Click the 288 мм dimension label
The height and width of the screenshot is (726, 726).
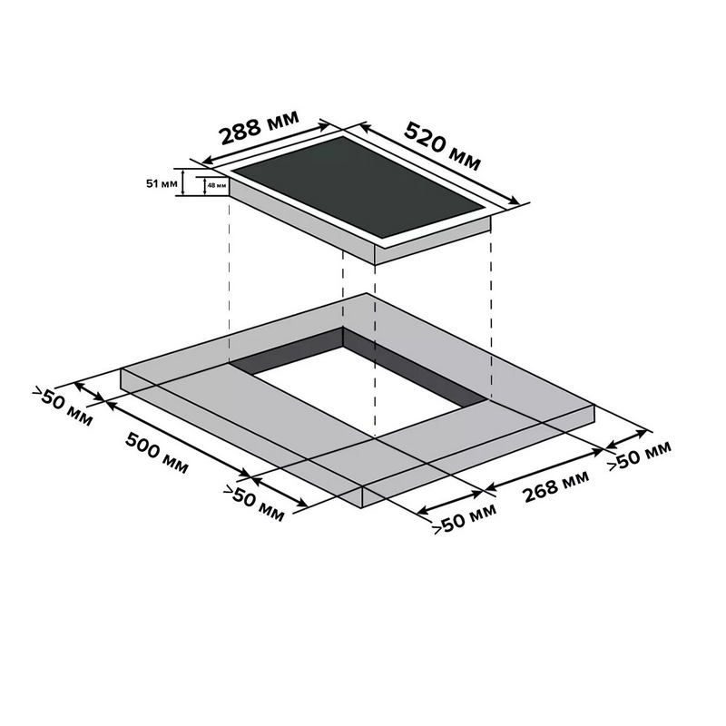point(260,127)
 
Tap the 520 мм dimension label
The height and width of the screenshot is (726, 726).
point(443,145)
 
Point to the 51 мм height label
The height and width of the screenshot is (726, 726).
point(162,184)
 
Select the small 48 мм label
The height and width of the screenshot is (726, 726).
point(217,186)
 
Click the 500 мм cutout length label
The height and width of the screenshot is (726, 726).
point(157,453)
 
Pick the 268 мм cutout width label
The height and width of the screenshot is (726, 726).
point(556,486)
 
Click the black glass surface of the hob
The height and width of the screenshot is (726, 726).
point(358,186)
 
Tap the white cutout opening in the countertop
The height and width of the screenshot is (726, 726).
point(357,391)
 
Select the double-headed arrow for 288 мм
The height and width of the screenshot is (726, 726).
point(266,143)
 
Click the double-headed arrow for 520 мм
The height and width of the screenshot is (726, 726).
point(440,163)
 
